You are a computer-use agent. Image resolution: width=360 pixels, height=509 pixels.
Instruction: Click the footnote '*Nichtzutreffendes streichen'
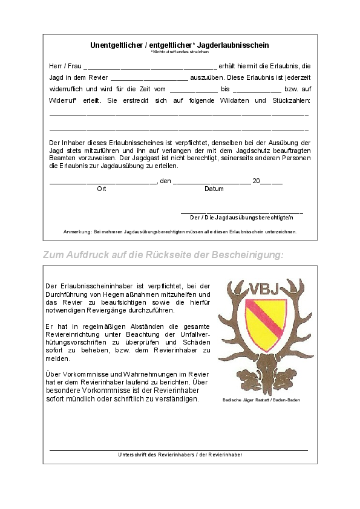180,52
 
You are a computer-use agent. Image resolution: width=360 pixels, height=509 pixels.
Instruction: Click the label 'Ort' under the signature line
102,189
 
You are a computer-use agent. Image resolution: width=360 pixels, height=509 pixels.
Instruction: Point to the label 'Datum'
214,189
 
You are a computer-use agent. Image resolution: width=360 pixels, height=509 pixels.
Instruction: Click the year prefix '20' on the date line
256,181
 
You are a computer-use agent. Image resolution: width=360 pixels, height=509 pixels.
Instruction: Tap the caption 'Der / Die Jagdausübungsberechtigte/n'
241,217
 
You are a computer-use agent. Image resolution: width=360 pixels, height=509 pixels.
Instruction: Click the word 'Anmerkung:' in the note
76,232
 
